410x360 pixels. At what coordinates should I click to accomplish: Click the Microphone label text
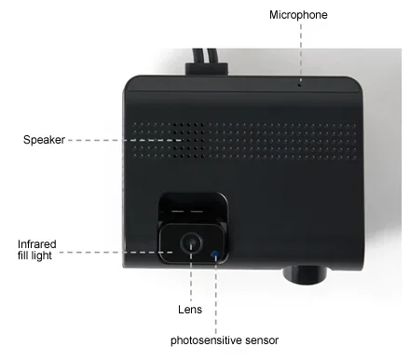point(298,15)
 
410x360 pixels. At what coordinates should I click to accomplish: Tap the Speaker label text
point(43,140)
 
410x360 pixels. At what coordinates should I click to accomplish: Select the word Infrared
point(38,243)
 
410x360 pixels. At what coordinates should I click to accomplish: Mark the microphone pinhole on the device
point(298,83)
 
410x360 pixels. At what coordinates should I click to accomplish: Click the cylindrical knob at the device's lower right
point(307,272)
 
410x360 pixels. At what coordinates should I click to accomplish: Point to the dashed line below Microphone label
point(298,51)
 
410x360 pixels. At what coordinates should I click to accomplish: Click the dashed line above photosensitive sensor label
point(216,294)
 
